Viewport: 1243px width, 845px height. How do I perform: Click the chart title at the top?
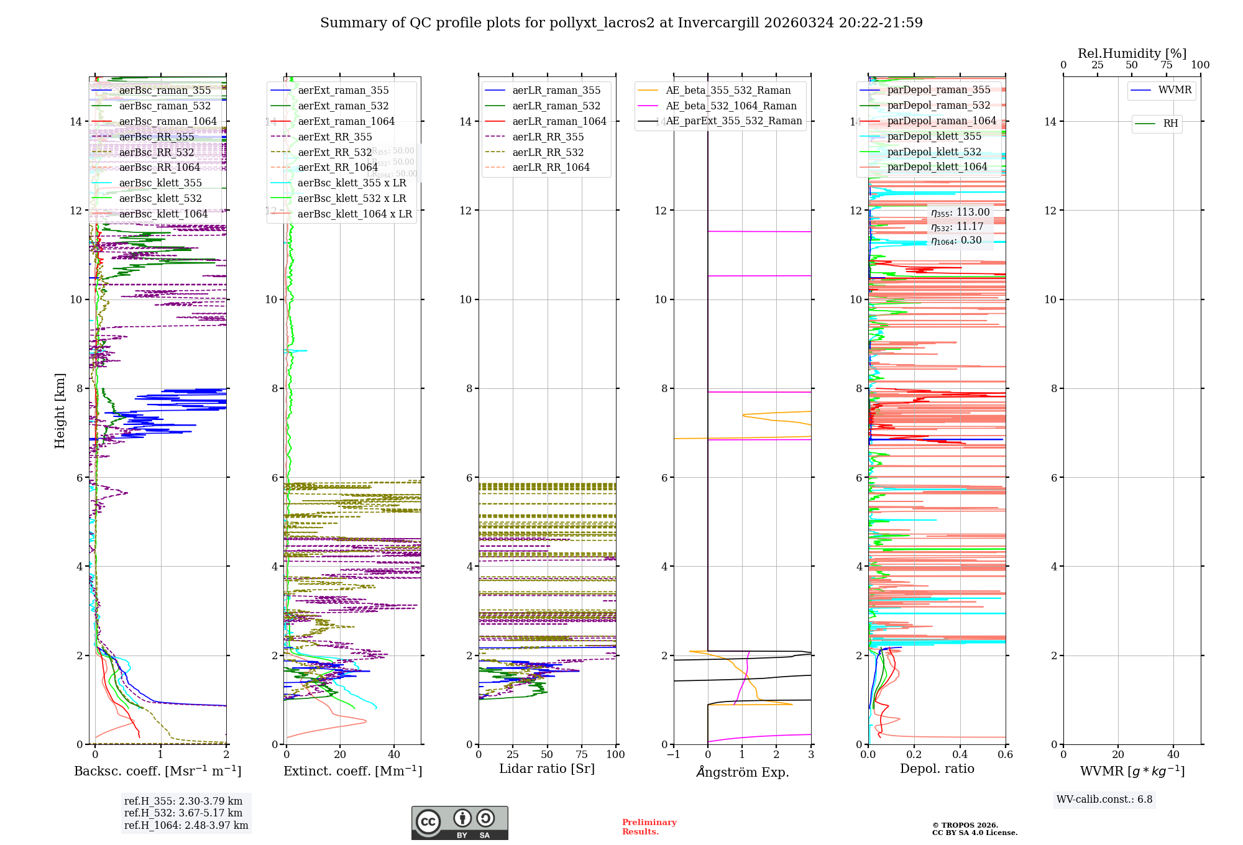click(621, 23)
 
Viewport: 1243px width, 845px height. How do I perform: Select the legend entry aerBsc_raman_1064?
click(168, 121)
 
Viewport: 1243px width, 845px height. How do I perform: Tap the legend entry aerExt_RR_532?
click(335, 152)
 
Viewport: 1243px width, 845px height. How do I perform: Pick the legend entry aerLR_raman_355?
click(556, 91)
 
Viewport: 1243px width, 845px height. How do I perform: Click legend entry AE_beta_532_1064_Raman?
click(731, 106)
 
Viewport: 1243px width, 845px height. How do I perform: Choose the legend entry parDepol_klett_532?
click(934, 152)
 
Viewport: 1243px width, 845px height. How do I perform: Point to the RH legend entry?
click(1170, 124)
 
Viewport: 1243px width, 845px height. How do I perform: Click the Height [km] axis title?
click(60, 410)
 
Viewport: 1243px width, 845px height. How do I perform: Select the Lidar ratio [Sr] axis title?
click(547, 769)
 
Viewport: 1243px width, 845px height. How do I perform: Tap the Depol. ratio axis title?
click(937, 769)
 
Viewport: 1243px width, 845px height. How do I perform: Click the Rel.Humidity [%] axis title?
click(1132, 53)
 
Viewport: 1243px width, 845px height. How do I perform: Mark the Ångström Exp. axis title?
click(742, 772)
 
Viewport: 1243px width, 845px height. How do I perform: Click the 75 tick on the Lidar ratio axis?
click(582, 754)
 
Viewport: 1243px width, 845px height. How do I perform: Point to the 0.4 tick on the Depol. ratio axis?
click(960, 754)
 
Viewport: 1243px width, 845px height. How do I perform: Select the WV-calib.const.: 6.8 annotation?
click(1104, 799)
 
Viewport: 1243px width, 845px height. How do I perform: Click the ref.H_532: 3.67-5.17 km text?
click(183, 813)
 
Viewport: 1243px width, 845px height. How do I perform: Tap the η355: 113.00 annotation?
click(960, 212)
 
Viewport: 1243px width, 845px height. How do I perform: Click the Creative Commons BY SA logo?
click(459, 823)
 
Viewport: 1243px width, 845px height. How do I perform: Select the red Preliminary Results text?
click(649, 826)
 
